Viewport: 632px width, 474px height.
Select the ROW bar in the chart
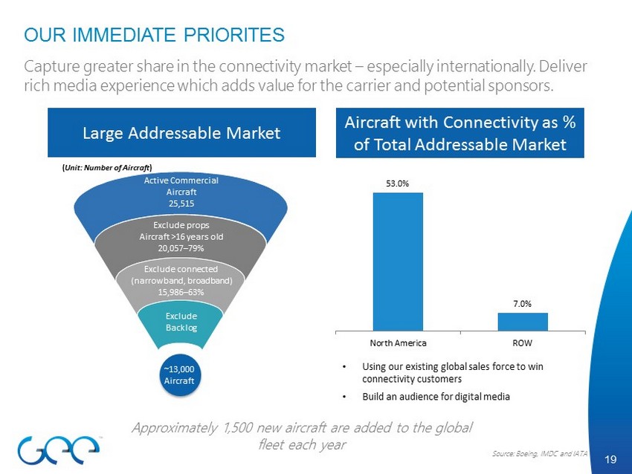pyautogui.click(x=523, y=322)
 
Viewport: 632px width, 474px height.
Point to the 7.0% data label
pyautogui.click(x=523, y=302)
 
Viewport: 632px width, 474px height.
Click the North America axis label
pyautogui.click(x=399, y=343)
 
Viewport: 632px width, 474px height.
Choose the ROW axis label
pyautogui.click(x=523, y=343)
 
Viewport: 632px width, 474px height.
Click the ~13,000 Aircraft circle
pyautogui.click(x=179, y=376)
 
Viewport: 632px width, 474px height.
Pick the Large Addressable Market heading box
pyautogui.click(x=181, y=134)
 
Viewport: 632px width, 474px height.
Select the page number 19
pyautogui.click(x=611, y=460)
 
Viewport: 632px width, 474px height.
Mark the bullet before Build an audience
pyautogui.click(x=345, y=396)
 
